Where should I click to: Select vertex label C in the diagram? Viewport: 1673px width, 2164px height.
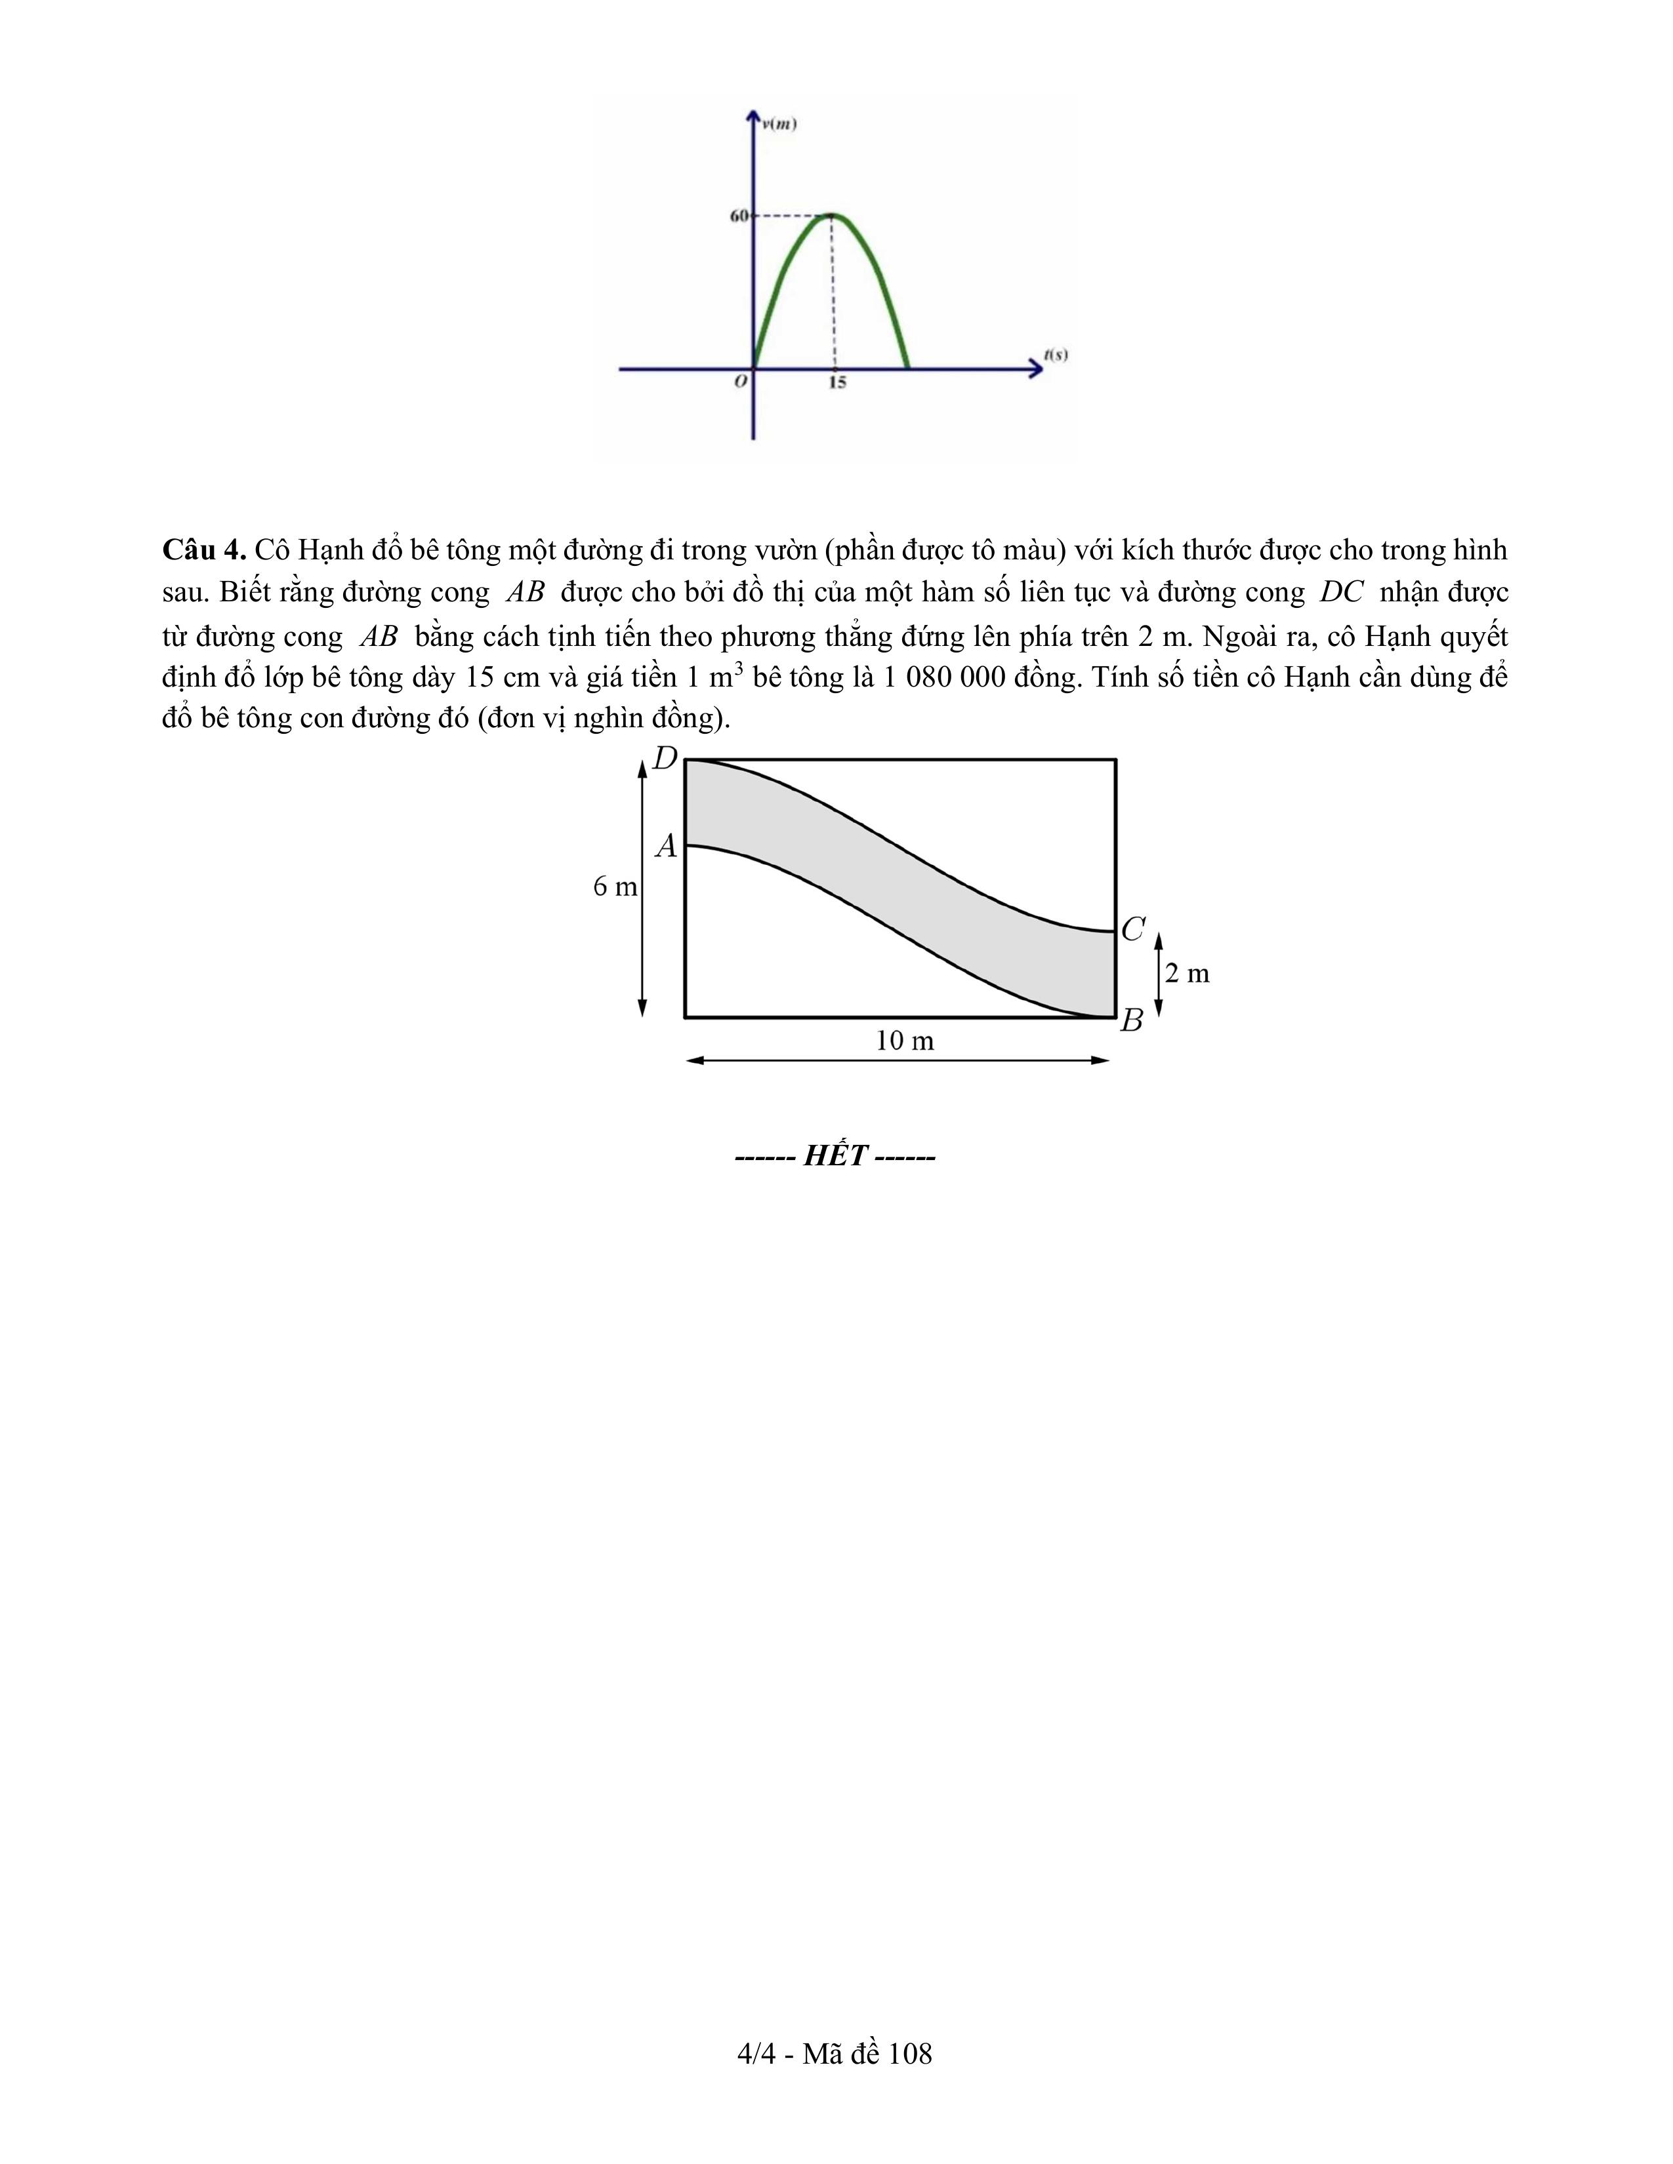1133,929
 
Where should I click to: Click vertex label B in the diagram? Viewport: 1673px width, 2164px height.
1132,1020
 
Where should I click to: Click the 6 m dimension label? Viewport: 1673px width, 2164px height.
615,887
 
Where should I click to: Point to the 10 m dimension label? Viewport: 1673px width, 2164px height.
905,1041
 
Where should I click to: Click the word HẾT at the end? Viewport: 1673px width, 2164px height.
835,1155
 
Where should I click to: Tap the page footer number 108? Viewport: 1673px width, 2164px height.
911,2054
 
